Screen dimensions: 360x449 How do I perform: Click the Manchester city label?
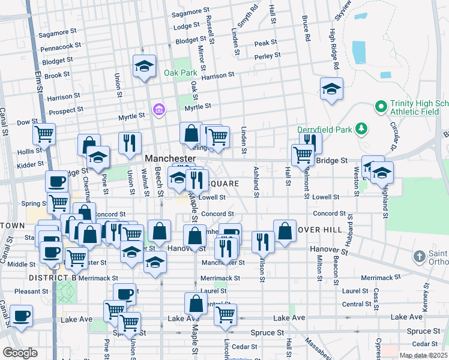[x=170, y=158]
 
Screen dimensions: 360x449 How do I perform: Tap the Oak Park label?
[x=180, y=73]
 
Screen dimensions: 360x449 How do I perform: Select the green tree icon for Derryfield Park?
[x=361, y=128]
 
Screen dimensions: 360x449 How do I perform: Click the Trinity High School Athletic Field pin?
[x=380, y=107]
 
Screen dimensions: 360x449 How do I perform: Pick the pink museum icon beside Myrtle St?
[x=158, y=109]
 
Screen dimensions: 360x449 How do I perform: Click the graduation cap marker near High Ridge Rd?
[x=331, y=89]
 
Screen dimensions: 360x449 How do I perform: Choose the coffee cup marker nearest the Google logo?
[x=21, y=316]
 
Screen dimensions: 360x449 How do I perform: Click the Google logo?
[x=20, y=353]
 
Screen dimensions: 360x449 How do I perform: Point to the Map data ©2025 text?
[x=423, y=355]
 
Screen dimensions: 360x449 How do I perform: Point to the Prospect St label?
[x=66, y=111]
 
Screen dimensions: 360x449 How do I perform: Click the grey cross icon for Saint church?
[x=420, y=257]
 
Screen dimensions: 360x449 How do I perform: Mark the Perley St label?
[x=267, y=55]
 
